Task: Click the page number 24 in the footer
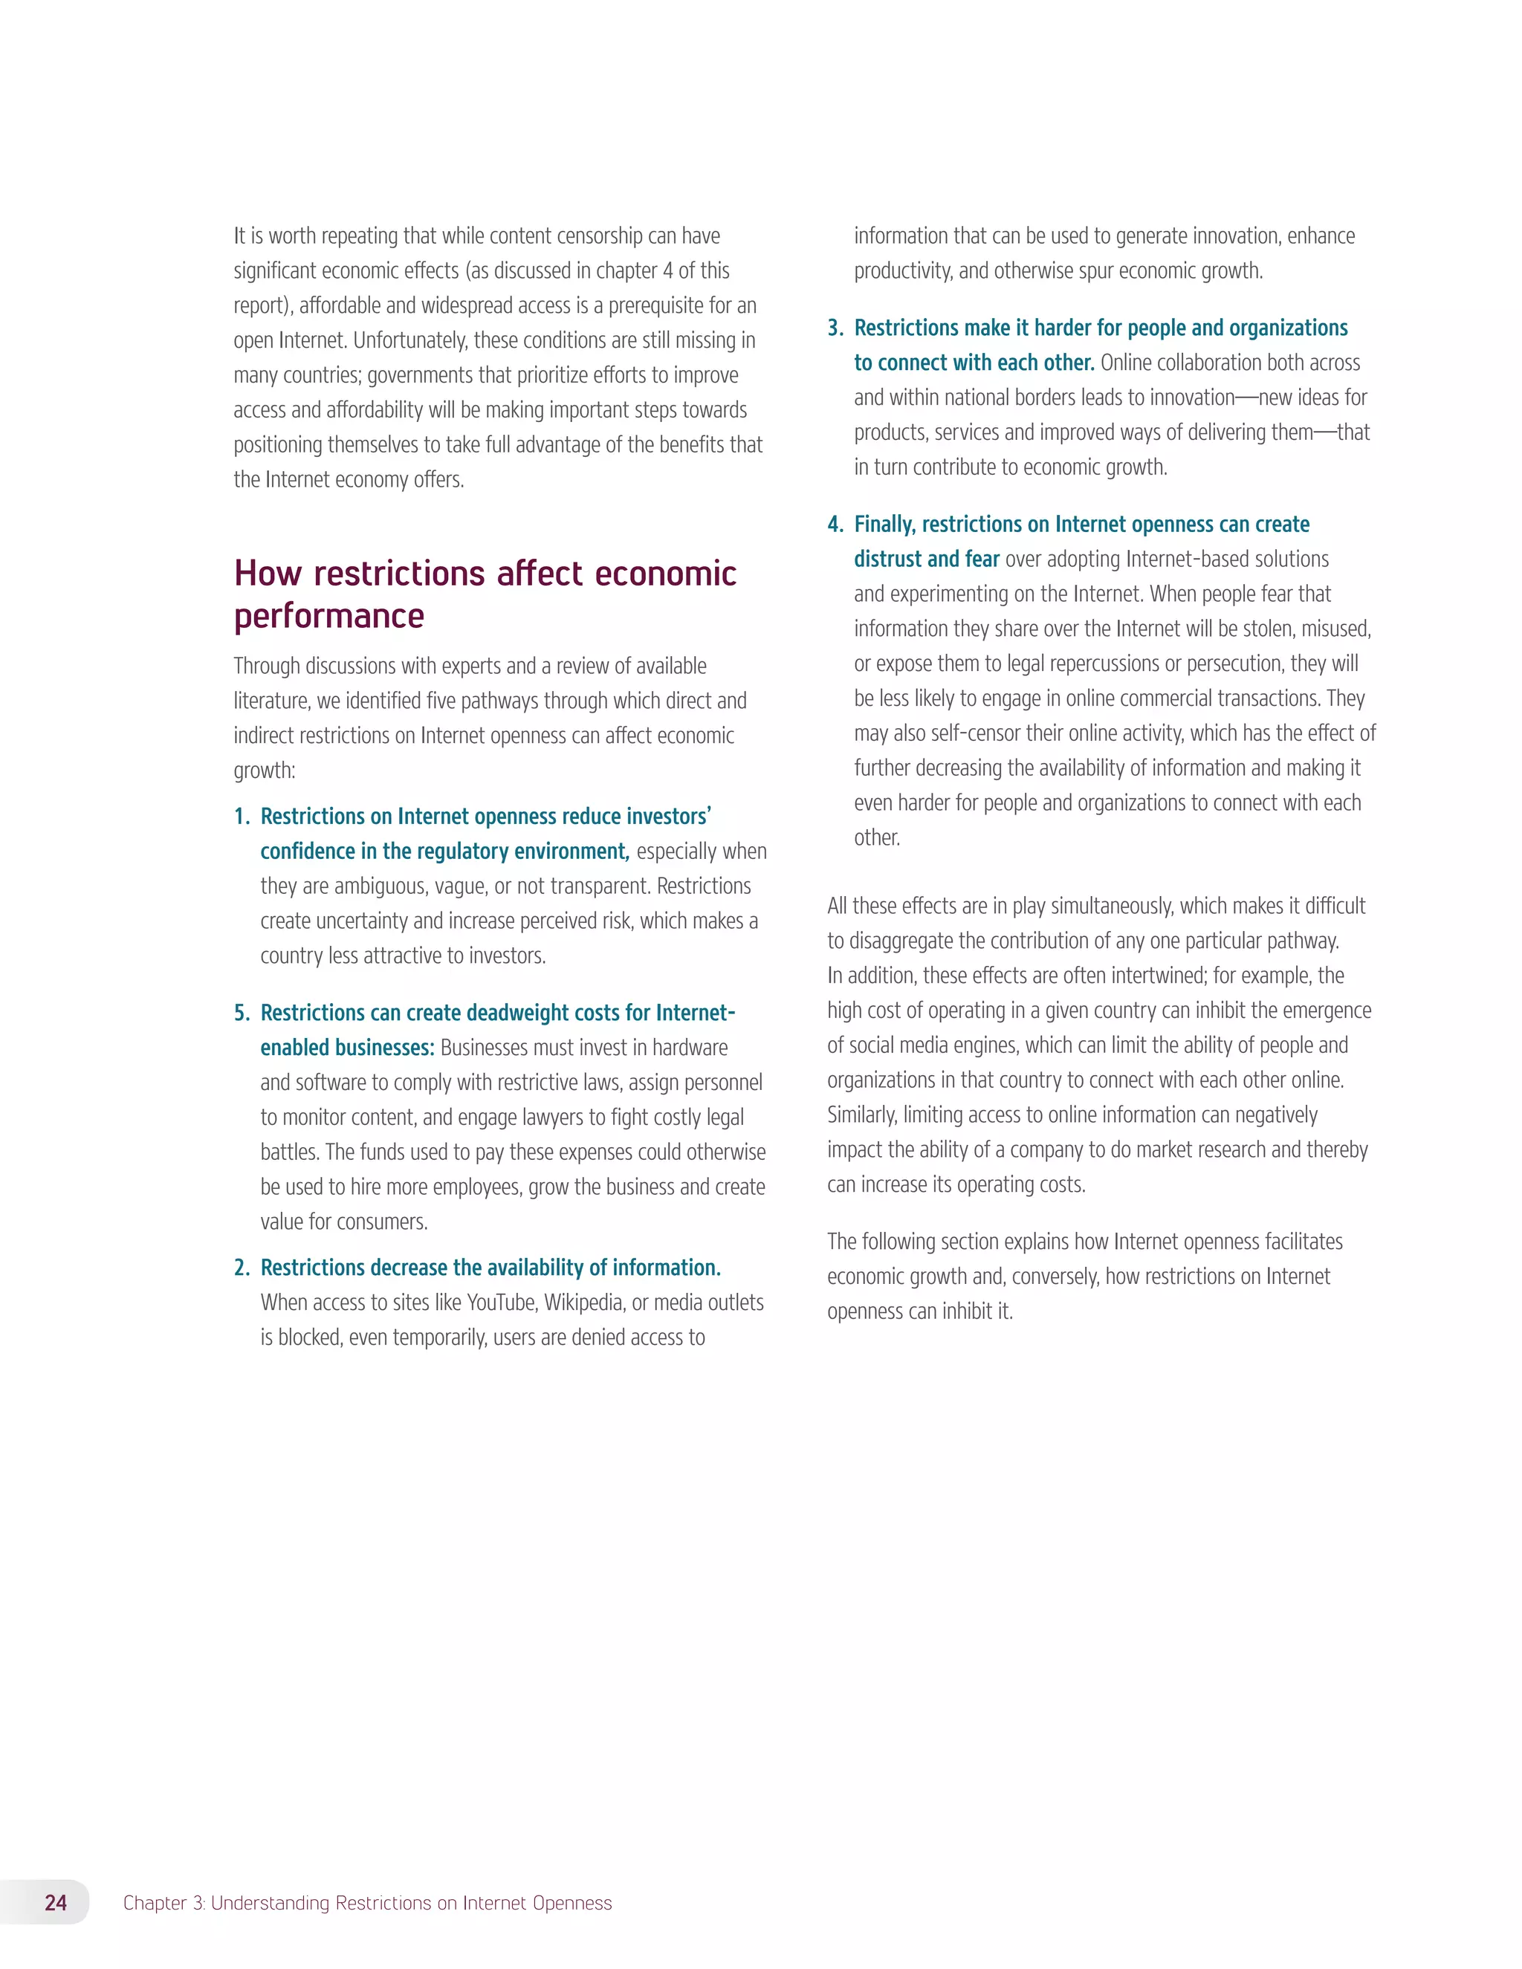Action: coord(56,1902)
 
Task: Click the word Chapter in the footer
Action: coord(154,1903)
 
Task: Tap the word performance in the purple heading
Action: coord(329,617)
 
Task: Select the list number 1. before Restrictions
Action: coord(242,817)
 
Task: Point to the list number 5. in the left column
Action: coord(242,1013)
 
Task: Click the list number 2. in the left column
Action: coord(242,1268)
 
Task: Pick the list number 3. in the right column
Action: coord(835,328)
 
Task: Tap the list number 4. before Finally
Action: coord(835,525)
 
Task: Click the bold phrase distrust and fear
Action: coord(926,560)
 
